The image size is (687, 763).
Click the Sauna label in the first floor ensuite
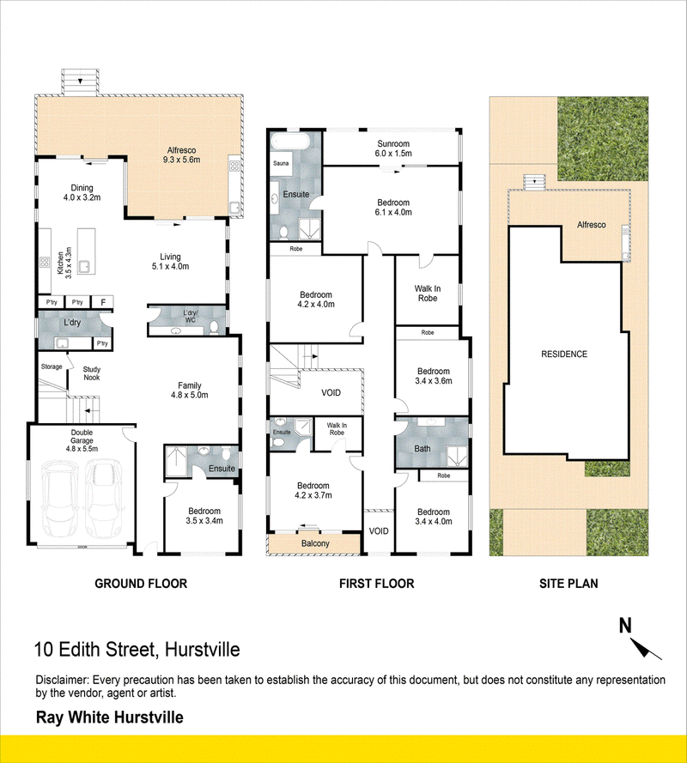[x=281, y=163]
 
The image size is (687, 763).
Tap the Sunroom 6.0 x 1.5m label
[x=393, y=148]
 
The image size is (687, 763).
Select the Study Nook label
[x=92, y=373]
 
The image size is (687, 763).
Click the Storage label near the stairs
[x=52, y=366]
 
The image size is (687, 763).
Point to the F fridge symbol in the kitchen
[x=103, y=303]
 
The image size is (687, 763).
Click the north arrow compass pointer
[x=646, y=648]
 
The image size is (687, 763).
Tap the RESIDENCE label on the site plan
[x=564, y=354]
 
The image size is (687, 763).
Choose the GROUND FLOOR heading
[x=141, y=584]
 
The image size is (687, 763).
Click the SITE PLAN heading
[x=568, y=584]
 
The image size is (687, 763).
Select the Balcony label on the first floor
[x=315, y=543]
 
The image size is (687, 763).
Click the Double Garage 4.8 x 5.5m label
[x=82, y=441]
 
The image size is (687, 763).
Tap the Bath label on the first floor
[x=423, y=449]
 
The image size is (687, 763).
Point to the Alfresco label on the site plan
[x=592, y=225]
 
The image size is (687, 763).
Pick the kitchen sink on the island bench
[x=84, y=266]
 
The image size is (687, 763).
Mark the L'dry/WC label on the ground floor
[x=191, y=317]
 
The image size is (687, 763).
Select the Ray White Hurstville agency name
[x=110, y=718]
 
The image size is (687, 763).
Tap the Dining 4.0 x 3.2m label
[x=82, y=193]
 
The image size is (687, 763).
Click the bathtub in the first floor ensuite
[x=290, y=141]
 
